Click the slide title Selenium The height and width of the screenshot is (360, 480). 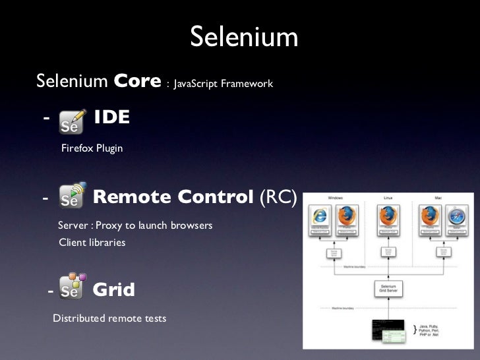pos(244,38)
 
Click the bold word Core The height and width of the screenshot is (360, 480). pos(137,82)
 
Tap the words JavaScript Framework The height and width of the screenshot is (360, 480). pos(223,84)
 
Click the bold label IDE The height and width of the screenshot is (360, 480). pos(111,118)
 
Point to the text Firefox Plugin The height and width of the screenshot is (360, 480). pos(92,148)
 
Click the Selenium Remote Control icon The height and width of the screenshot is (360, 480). pos(73,196)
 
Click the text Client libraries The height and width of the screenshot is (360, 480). pos(92,243)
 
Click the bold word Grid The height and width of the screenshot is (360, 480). pos(113,289)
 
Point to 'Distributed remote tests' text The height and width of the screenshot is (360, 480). pos(109,318)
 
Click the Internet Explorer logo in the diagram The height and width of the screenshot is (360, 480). pos(320,216)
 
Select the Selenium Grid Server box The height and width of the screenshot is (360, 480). pos(388,288)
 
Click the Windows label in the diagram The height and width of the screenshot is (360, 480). pos(335,197)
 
